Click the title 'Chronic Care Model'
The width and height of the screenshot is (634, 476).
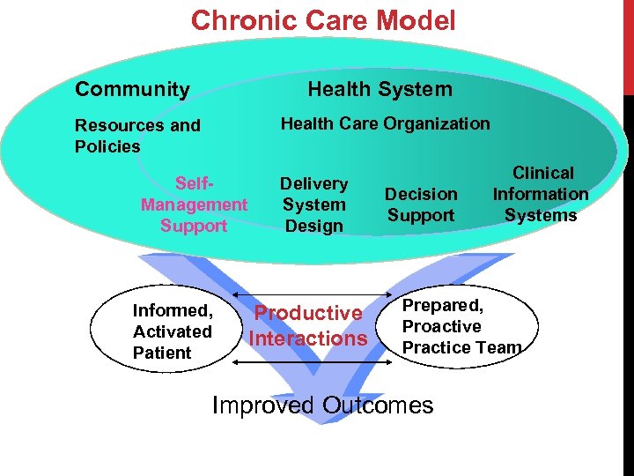pyautogui.click(x=323, y=20)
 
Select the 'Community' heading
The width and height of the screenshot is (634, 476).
pyautogui.click(x=132, y=89)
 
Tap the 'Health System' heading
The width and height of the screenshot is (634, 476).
pyautogui.click(x=380, y=89)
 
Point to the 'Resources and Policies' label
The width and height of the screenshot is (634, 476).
pyautogui.click(x=137, y=136)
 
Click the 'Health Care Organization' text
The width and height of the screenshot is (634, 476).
pyautogui.click(x=385, y=124)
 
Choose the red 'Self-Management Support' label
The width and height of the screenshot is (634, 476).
pyautogui.click(x=194, y=205)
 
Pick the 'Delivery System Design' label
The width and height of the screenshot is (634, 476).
pyautogui.click(x=313, y=205)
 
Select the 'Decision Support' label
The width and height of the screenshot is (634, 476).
pyautogui.click(x=421, y=205)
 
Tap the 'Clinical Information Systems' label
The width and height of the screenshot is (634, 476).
pyautogui.click(x=541, y=194)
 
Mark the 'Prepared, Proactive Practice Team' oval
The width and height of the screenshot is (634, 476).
pyautogui.click(x=461, y=326)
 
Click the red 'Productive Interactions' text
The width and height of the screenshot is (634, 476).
pyautogui.click(x=307, y=325)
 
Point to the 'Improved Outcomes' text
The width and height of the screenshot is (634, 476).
pyautogui.click(x=323, y=405)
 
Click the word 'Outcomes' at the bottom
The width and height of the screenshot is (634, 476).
pyautogui.click(x=378, y=405)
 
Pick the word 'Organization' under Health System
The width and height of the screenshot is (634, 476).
pyautogui.click(x=441, y=124)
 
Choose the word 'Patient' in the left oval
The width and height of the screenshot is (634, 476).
pyautogui.click(x=162, y=353)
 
